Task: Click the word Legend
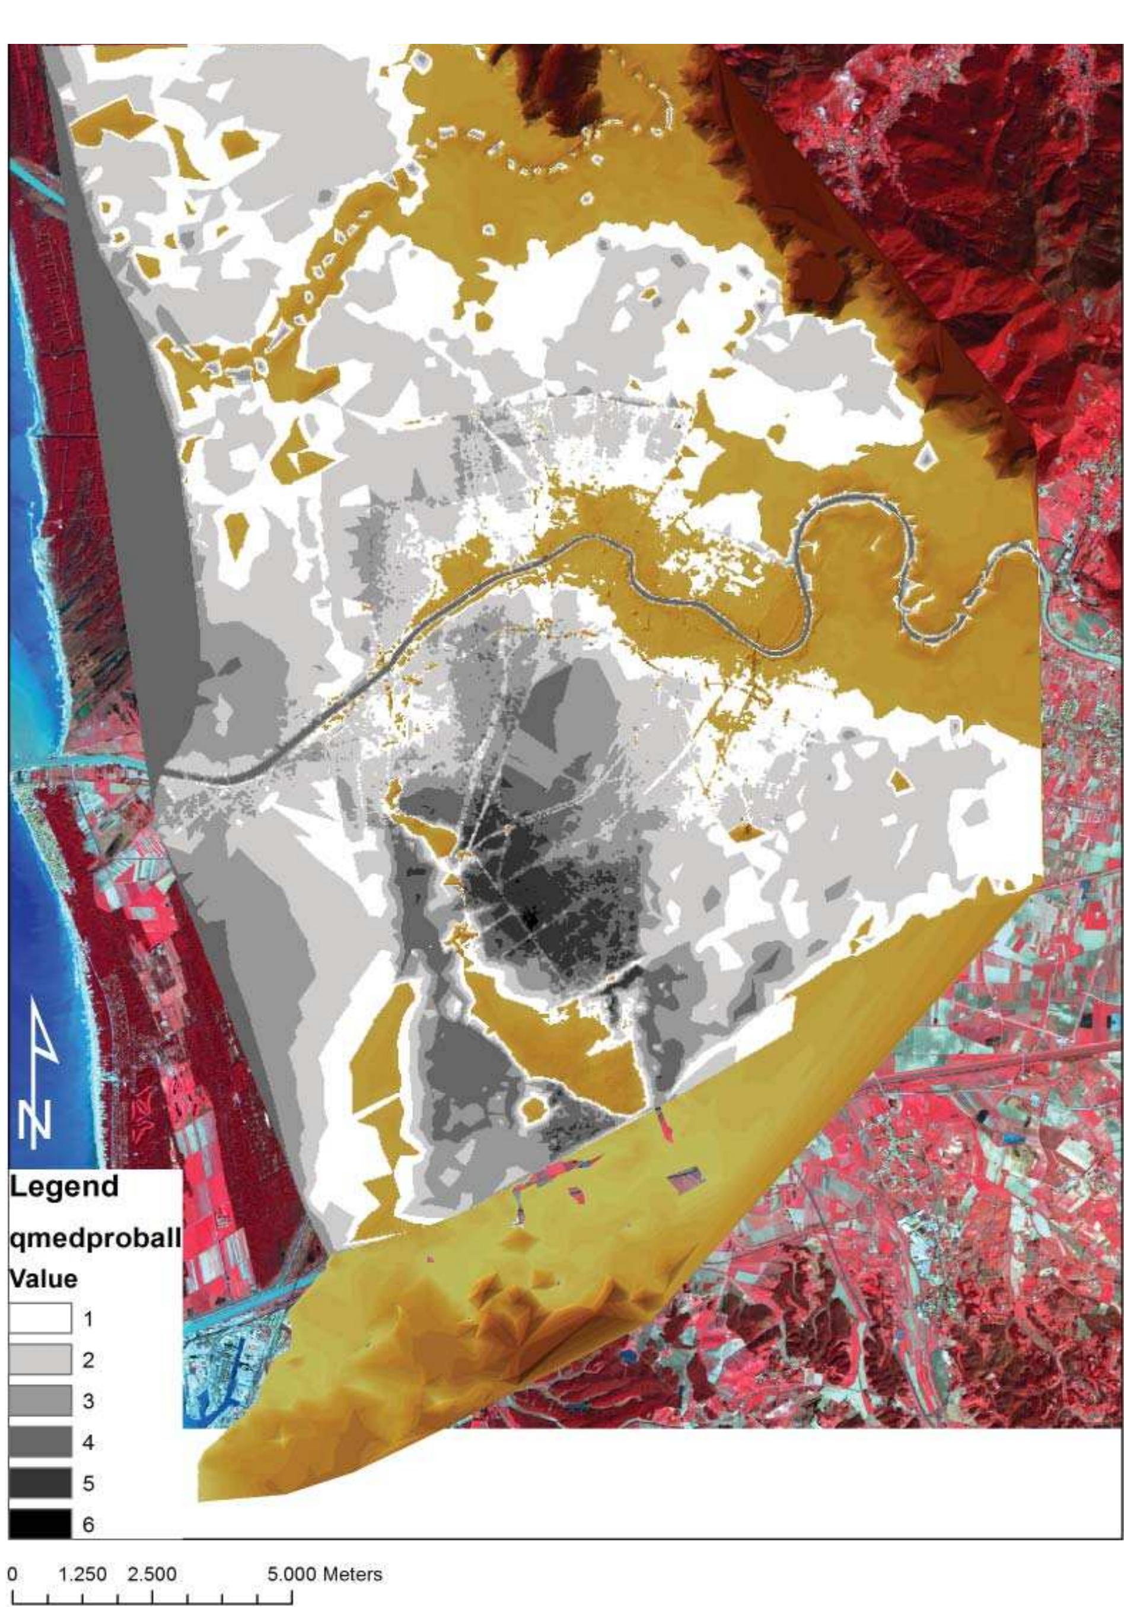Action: point(63,1186)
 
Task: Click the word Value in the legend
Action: point(43,1279)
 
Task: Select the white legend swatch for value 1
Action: point(40,1319)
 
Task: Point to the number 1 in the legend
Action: point(88,1320)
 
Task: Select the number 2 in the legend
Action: point(88,1361)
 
